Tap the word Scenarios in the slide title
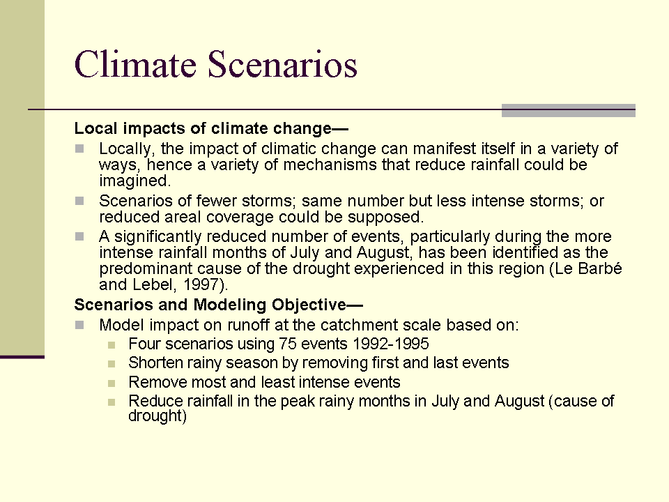[282, 64]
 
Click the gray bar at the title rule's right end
[568, 110]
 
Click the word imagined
[134, 181]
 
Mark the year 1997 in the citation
[206, 284]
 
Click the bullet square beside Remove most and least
[114, 383]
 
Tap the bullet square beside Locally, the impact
[80, 149]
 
